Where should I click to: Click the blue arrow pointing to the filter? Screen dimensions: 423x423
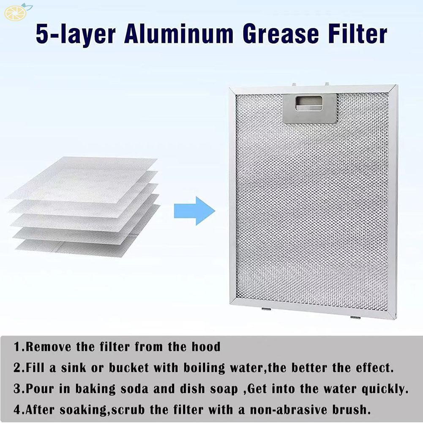[194, 210]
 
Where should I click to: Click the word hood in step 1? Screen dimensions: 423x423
[207, 347]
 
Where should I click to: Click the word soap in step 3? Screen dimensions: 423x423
[218, 388]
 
